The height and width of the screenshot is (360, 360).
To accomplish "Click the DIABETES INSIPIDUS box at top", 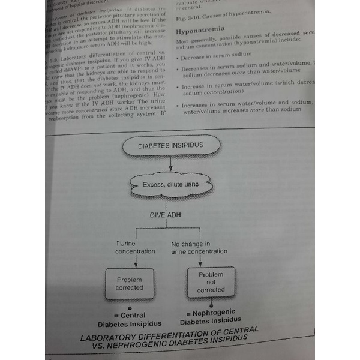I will click(171, 146).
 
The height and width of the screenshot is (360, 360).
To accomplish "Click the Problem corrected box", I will click(130, 283).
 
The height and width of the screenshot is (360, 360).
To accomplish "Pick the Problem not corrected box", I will click(211, 282).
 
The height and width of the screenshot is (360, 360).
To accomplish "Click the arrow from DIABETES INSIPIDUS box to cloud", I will click(171, 163).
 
